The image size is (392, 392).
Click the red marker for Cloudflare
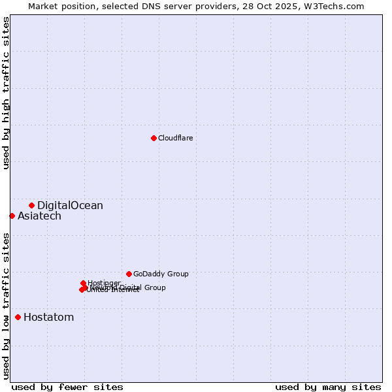tap(154, 138)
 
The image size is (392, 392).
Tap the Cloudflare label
tap(175, 138)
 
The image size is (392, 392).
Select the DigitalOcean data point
tap(31, 205)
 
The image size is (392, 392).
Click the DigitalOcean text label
tap(70, 206)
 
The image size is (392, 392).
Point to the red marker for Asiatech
tap(12, 216)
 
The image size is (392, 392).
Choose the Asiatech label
tap(39, 216)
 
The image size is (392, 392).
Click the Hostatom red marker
tap(18, 318)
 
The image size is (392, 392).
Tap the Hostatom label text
tap(48, 318)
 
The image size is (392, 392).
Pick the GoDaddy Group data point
tap(129, 274)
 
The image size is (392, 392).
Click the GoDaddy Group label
tap(161, 274)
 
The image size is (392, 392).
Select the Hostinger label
tap(104, 283)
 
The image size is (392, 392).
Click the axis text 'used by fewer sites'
tap(67, 387)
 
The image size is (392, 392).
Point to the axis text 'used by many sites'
tap(328, 387)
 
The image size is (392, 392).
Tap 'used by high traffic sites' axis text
tap(7, 93)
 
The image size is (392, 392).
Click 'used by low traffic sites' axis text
tap(7, 305)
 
